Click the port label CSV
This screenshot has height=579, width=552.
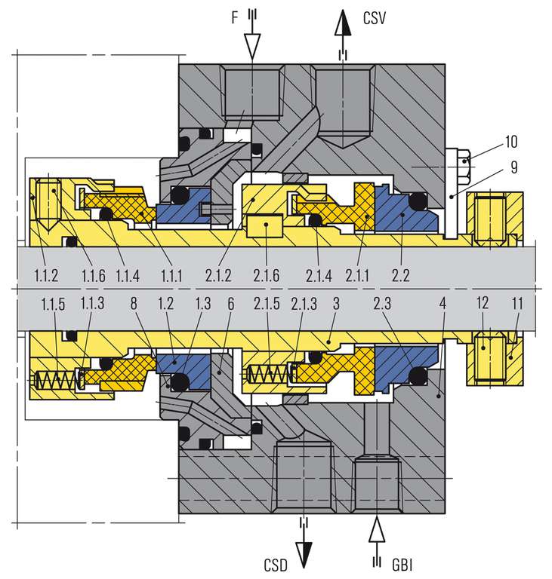pyautogui.click(x=375, y=17)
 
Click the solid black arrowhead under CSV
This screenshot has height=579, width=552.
pyautogui.click(x=344, y=24)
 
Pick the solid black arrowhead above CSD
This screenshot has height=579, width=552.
pyautogui.click(x=304, y=552)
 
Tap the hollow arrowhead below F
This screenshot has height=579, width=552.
pyautogui.click(x=252, y=47)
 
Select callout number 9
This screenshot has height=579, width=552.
pyautogui.click(x=513, y=167)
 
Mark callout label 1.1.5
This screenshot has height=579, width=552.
pyautogui.click(x=54, y=303)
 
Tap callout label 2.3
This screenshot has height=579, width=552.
pyautogui.click(x=385, y=303)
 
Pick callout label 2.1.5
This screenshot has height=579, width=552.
pyautogui.click(x=268, y=303)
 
